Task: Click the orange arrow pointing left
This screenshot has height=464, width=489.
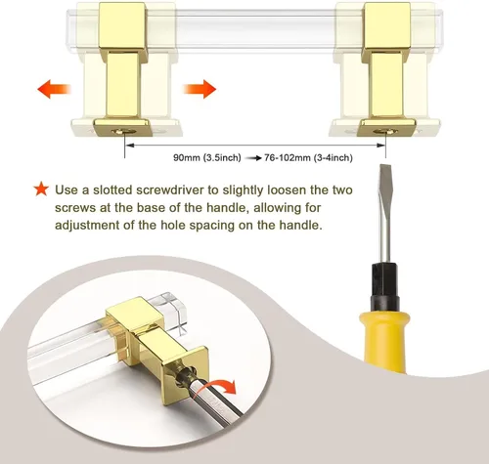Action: point(54,89)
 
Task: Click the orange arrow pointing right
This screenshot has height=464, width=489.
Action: point(200,89)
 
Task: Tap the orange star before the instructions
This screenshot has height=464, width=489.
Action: point(41,190)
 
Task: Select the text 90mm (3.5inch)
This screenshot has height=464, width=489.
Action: point(207,158)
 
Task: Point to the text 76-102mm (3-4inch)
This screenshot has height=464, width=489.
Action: point(308,158)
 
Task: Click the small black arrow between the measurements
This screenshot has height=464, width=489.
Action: point(253,158)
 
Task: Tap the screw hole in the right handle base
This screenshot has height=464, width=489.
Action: point(385,132)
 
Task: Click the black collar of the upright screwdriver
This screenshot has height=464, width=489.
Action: point(384,286)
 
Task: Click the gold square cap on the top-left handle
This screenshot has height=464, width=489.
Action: point(122,26)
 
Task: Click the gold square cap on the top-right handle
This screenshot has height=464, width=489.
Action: point(387,26)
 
